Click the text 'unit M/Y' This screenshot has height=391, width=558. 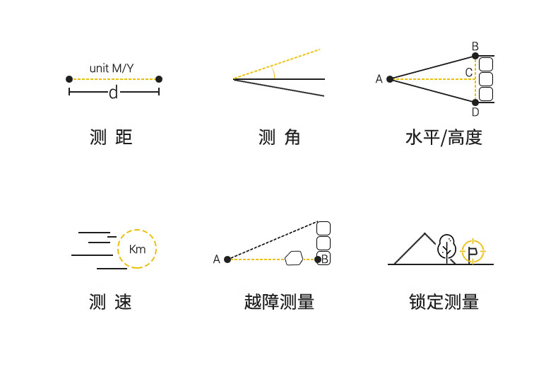[113, 68]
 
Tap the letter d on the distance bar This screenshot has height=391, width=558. [113, 93]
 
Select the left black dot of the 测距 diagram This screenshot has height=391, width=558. [69, 79]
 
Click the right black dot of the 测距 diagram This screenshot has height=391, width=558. [159, 79]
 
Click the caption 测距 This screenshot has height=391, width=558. [112, 137]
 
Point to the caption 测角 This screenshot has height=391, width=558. [280, 137]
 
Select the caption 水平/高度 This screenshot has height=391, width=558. [444, 137]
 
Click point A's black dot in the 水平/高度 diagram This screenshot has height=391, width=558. [390, 79]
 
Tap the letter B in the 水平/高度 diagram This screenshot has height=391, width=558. [475, 47]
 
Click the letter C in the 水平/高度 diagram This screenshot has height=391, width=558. [469, 72]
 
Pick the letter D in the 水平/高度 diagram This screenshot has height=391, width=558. [475, 112]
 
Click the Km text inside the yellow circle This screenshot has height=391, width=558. [138, 249]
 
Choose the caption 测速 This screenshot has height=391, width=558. [111, 302]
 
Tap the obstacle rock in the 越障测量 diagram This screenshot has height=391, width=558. [294, 259]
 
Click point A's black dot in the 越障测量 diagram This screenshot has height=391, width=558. [227, 259]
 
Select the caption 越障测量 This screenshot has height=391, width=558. [279, 302]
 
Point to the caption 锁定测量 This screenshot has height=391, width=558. [444, 302]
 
